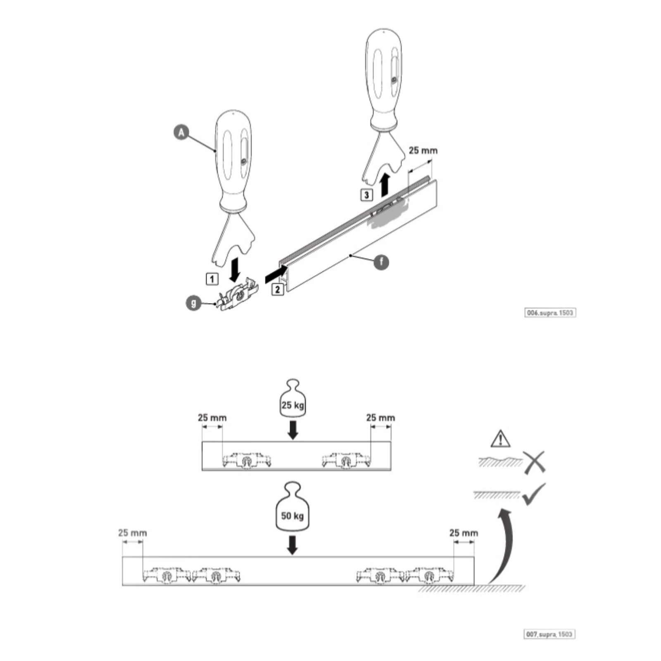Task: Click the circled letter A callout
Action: [x=181, y=133]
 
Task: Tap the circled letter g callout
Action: [x=194, y=303]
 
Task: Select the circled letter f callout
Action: [x=381, y=262]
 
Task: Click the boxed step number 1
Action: [x=212, y=279]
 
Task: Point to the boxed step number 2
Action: [x=277, y=289]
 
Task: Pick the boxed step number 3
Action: [x=367, y=195]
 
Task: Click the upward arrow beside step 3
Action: [x=385, y=184]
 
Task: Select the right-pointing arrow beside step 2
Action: [x=276, y=273]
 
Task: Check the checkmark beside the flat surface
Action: [x=534, y=494]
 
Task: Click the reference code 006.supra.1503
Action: [x=550, y=313]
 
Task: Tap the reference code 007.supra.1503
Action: [x=550, y=634]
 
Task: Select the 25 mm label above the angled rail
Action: [x=423, y=150]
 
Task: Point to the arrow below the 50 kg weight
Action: [x=292, y=545]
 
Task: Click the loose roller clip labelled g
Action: [x=238, y=294]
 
